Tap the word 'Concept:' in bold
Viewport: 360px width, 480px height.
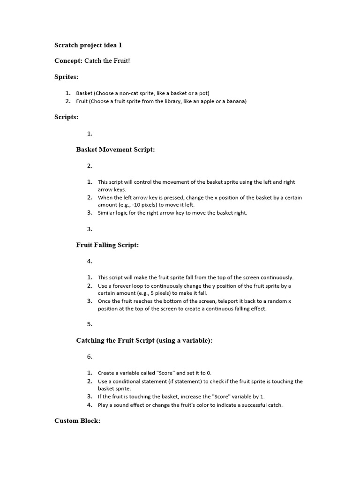[x=68, y=61]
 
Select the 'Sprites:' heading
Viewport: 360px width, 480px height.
[x=67, y=76]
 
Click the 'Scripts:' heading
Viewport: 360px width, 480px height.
[x=67, y=117]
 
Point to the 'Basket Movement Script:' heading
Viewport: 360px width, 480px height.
[x=115, y=150]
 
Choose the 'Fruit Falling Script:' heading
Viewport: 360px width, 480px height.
[x=107, y=245]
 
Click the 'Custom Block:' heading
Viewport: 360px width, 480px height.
[x=77, y=421]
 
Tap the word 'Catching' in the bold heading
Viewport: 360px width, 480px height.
[x=90, y=341]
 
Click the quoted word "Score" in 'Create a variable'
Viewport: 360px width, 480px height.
[x=165, y=373]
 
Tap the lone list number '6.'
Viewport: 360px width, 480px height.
[x=90, y=357]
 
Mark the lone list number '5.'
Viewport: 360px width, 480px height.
[x=90, y=324]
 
